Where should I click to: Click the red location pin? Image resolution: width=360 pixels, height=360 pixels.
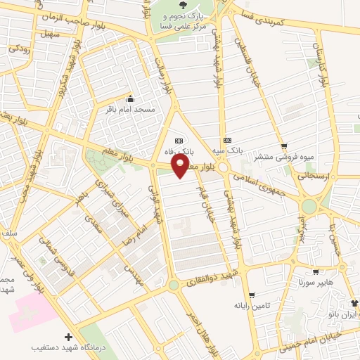[181, 166]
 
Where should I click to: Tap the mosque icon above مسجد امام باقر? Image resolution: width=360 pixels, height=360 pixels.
[129, 98]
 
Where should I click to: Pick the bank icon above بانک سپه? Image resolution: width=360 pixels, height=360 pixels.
[226, 139]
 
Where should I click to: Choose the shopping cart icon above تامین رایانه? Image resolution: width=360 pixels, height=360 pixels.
[252, 295]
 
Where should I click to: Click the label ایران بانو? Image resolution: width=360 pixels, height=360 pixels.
[340, 314]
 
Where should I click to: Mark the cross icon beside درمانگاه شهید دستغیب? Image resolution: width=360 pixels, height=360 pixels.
[67, 337]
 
